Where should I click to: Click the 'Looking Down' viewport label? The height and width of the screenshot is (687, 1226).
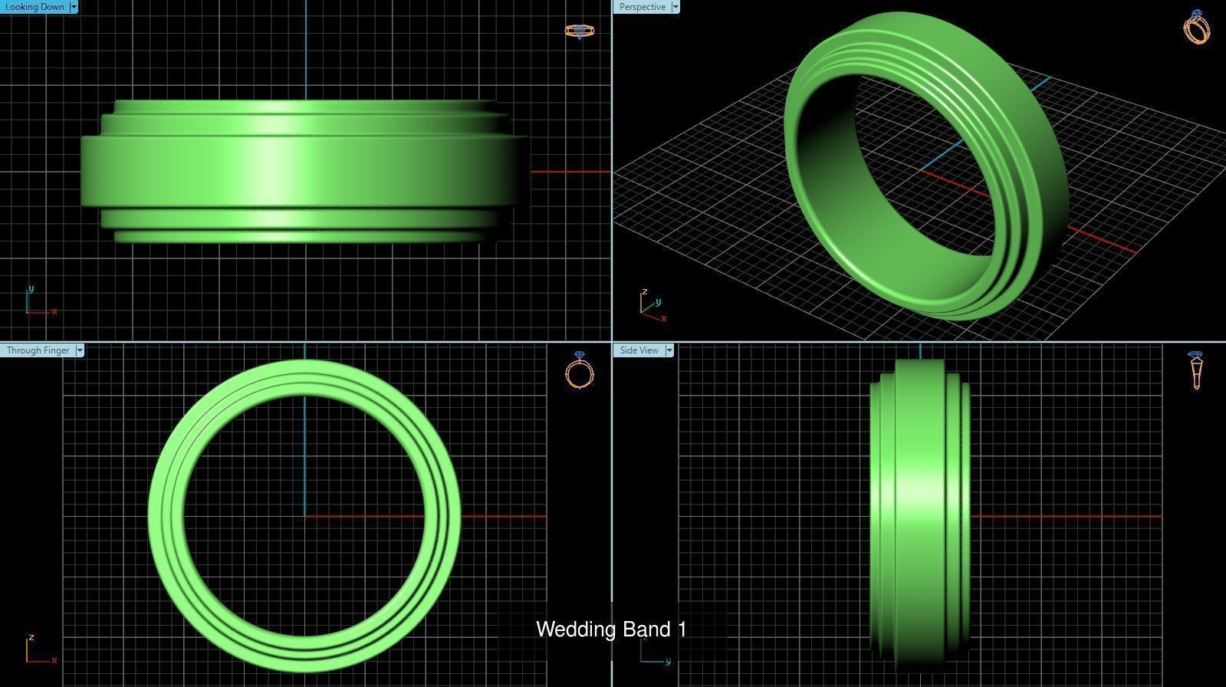click(x=35, y=7)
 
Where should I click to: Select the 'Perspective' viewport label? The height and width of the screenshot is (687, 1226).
click(x=642, y=7)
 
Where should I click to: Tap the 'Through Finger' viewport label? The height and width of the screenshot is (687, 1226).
click(x=38, y=350)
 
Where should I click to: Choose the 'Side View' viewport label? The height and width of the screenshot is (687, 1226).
click(x=639, y=350)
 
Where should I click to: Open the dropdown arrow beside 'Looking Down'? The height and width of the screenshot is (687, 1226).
click(x=74, y=7)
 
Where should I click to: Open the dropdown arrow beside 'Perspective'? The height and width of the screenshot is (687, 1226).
click(x=675, y=7)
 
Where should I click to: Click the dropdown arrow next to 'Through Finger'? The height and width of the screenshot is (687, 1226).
click(x=80, y=350)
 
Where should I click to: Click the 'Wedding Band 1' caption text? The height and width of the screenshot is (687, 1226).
click(x=611, y=629)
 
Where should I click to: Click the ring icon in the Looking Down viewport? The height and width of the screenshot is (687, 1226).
click(x=580, y=31)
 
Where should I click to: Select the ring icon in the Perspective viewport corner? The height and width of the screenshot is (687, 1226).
click(x=1197, y=28)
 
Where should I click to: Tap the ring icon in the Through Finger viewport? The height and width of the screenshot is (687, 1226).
click(x=580, y=371)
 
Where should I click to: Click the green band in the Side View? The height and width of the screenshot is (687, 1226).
click(x=920, y=514)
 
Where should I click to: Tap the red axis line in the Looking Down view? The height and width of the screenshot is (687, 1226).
click(x=570, y=172)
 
